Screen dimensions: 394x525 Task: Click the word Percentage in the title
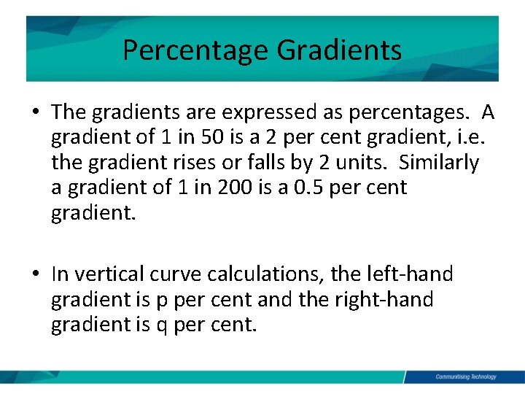coord(195,50)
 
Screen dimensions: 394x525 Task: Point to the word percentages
coord(394,112)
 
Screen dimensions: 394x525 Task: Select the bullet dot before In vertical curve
coord(35,275)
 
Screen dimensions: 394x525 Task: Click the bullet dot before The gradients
coord(35,113)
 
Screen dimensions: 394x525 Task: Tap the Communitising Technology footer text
coord(465,377)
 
